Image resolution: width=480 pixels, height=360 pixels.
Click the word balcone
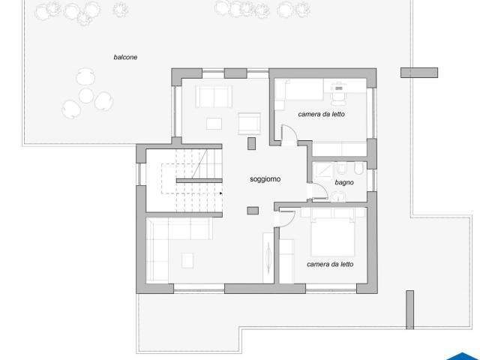point(125,57)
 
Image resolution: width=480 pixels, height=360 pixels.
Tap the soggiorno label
point(265,179)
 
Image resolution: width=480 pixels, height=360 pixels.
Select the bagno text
point(344,182)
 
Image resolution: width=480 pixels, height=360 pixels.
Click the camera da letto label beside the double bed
point(330,264)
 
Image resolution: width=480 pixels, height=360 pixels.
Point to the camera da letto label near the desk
point(321,114)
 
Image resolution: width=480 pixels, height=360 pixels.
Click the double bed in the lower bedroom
point(333,232)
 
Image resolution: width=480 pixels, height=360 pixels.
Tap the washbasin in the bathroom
point(338,196)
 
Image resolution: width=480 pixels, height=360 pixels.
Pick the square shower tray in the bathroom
point(322,171)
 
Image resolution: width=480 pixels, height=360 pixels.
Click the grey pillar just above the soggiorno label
point(251,143)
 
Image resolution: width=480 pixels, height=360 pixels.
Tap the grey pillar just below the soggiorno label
point(253,211)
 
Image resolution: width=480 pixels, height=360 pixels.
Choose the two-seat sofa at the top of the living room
point(214,97)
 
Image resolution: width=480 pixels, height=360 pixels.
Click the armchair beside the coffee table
point(250,124)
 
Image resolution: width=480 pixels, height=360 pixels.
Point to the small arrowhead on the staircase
point(220,193)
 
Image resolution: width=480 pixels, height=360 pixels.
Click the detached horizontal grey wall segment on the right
point(419,73)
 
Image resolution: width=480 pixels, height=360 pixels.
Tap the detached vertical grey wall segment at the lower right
point(410,310)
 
